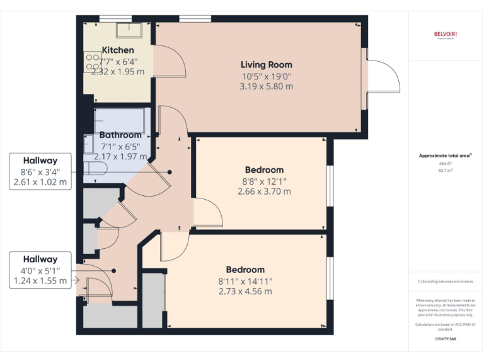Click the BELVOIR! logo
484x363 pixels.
(446, 34)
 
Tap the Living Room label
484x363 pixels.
(267, 64)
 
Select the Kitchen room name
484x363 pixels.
(118, 50)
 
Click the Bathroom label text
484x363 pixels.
(120, 135)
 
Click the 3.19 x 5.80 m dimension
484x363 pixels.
(267, 86)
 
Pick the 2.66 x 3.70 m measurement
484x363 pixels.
(264, 192)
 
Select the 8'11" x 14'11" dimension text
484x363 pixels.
(245, 281)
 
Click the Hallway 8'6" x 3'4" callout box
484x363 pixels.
(40, 171)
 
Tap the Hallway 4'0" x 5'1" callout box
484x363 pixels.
(40, 270)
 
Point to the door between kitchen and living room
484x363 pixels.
(169, 62)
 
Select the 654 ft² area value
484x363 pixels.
(446, 163)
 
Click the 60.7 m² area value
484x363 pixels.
(446, 170)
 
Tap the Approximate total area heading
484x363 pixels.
(445, 155)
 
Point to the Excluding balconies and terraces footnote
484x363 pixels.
(446, 282)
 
